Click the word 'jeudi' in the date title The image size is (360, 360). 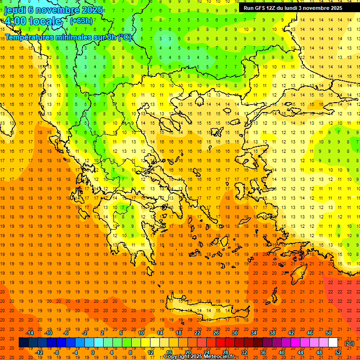15,9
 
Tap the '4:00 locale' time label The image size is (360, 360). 33,21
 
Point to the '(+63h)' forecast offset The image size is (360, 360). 81,21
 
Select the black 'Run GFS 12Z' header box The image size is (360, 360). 292,8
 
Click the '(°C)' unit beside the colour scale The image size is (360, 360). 349,343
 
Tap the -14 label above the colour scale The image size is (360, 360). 30,333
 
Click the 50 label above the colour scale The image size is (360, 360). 329,333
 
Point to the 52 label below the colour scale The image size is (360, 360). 338,352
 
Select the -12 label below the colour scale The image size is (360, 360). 40,352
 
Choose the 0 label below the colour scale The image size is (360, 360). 93,352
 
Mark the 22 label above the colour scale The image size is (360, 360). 197,333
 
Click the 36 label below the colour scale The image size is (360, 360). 263,352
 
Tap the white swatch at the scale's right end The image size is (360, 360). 333,343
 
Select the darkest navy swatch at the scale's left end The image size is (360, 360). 23,343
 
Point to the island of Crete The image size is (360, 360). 206,309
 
